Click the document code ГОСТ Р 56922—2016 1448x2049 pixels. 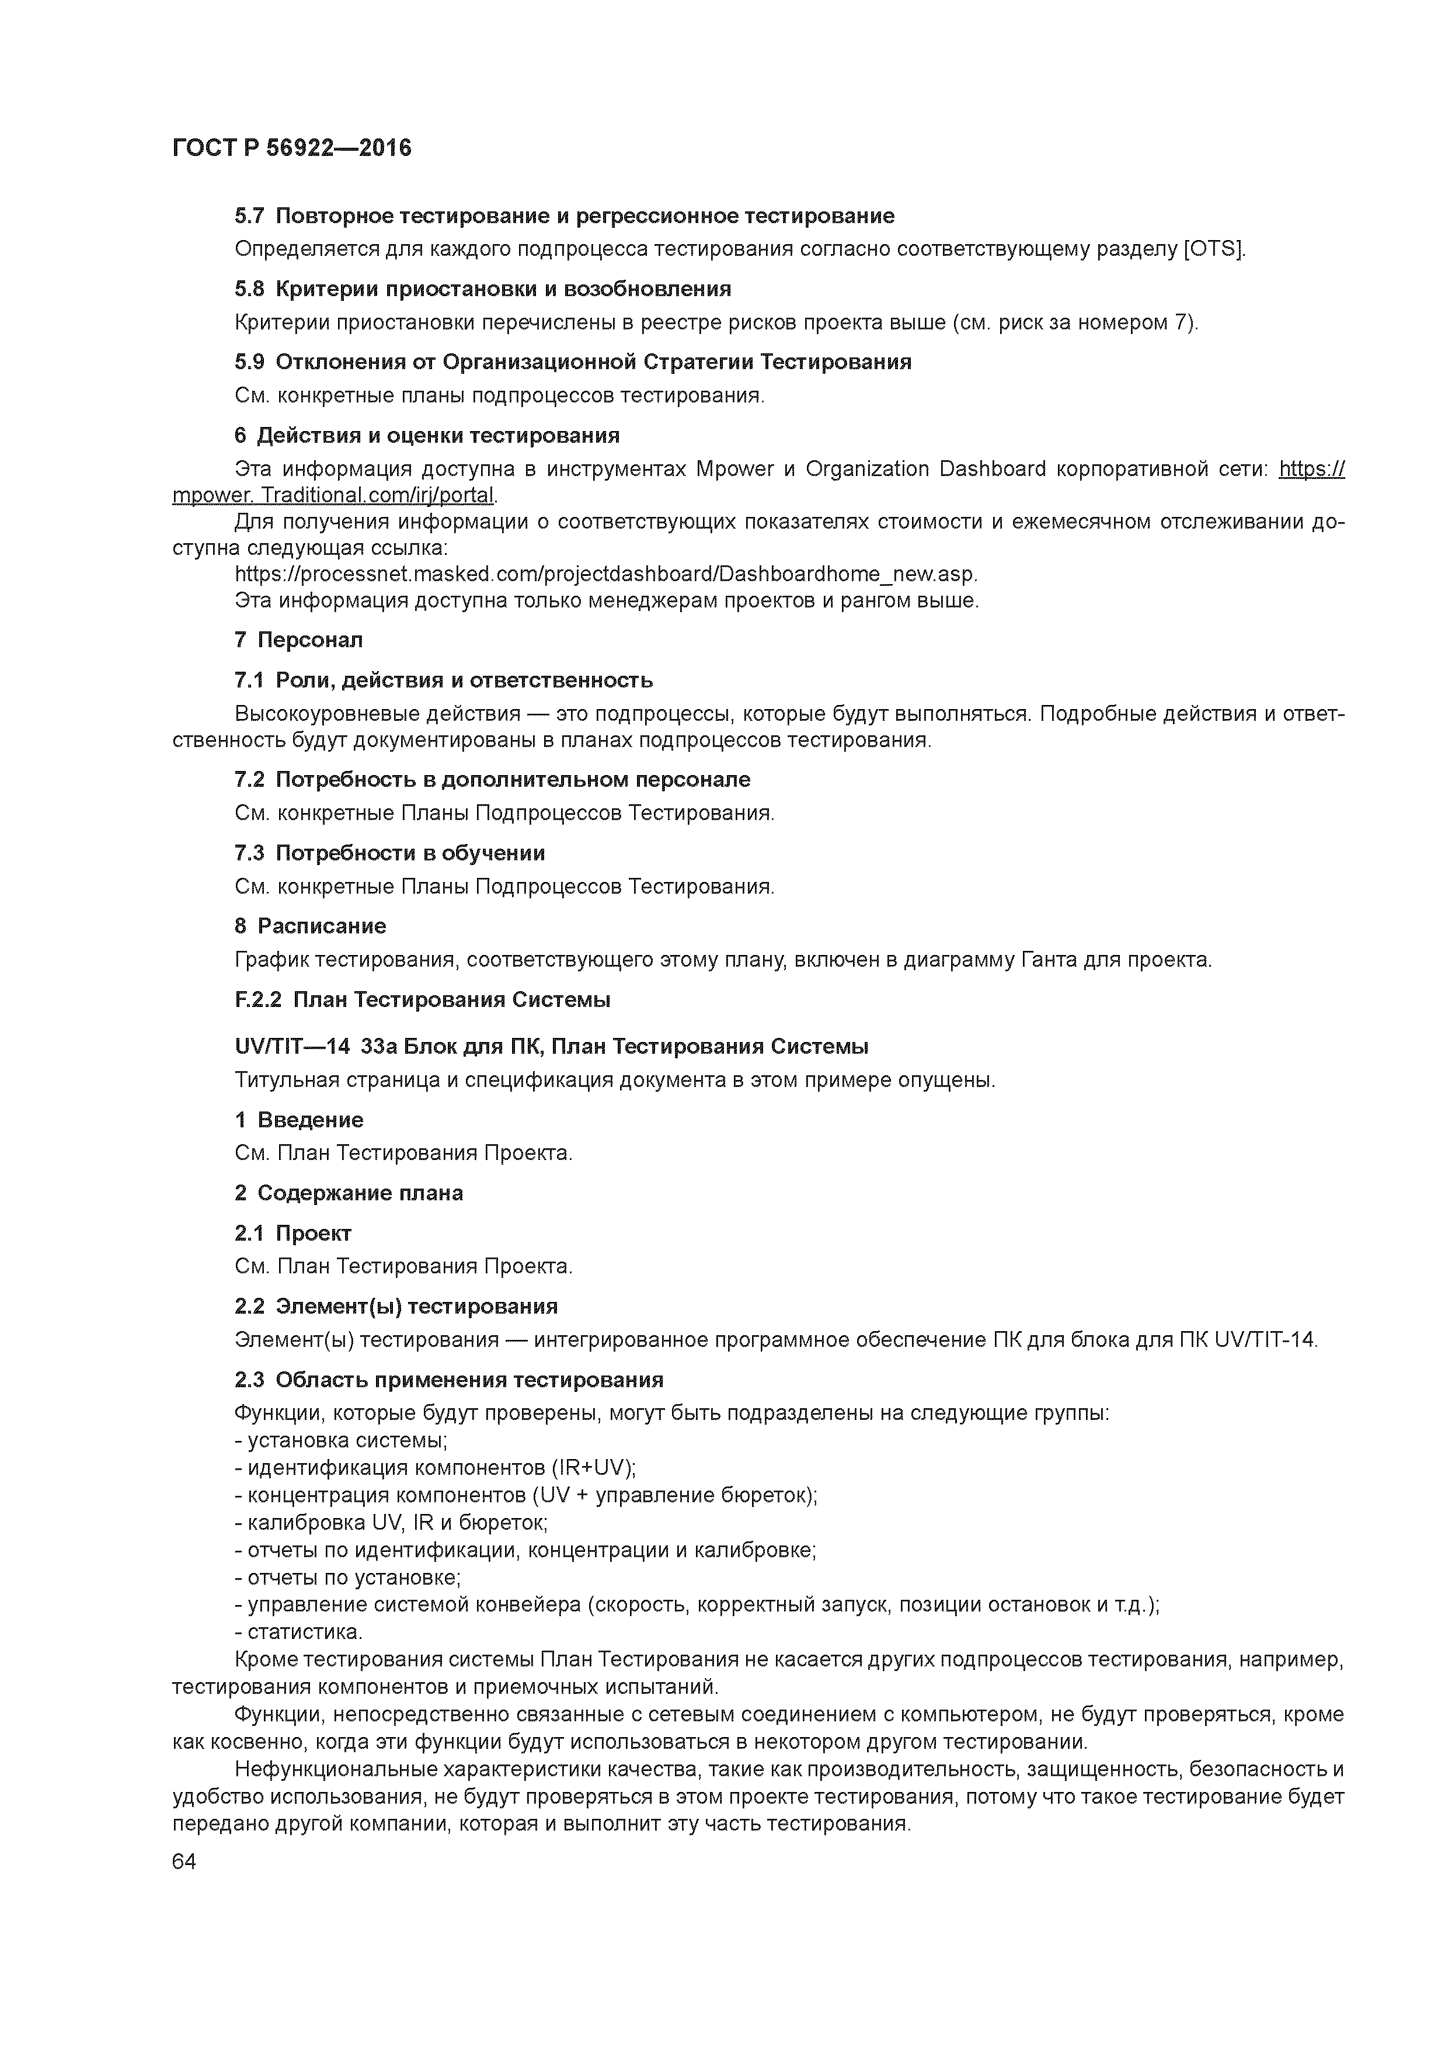pos(292,148)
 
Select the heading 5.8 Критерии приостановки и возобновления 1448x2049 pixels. pos(483,289)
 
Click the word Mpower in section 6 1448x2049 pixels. pos(735,470)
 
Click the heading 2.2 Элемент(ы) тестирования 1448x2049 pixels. pos(396,1307)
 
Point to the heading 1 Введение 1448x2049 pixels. pos(299,1120)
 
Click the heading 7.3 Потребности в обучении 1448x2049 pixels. pos(390,853)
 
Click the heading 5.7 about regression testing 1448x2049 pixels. pos(565,216)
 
